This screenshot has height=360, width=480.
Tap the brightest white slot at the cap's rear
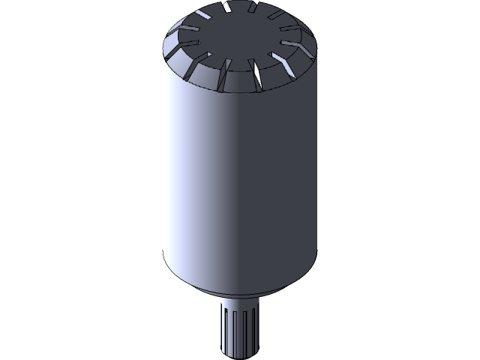pos(226,8)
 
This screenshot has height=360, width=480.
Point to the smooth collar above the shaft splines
pos(240,301)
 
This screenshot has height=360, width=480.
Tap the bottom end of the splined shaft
pos(241,355)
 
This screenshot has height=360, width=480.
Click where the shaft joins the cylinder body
pos(240,296)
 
